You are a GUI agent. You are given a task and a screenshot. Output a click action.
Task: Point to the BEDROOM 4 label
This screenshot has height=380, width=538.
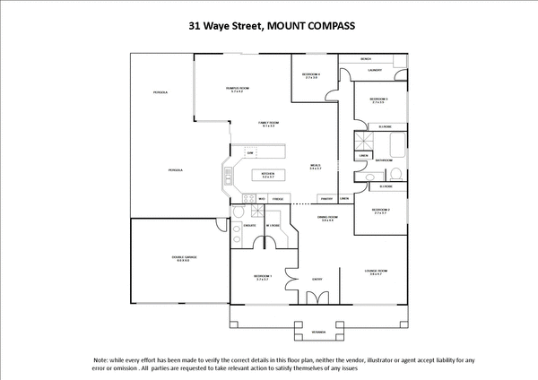[x=311, y=75]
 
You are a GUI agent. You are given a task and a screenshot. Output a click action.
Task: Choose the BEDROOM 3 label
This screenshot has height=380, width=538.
[x=378, y=99]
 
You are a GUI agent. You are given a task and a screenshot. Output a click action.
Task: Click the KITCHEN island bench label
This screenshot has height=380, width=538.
[x=268, y=175]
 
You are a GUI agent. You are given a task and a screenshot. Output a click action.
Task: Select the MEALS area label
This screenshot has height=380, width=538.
[x=316, y=167]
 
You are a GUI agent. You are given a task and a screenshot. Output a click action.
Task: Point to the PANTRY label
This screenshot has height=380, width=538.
[x=327, y=198]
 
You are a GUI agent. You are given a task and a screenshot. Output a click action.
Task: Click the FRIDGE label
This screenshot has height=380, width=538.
[x=278, y=198]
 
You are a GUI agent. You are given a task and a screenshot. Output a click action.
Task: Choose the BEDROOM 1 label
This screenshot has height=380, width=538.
[x=263, y=277]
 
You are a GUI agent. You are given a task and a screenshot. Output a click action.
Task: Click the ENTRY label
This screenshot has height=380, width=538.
[x=317, y=279]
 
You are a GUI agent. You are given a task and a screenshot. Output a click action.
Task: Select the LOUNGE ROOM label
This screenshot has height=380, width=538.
[x=376, y=272]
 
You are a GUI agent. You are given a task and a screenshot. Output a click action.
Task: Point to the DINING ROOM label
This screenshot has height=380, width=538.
[x=327, y=218]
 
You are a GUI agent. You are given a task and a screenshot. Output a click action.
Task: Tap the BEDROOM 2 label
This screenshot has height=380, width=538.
[x=380, y=212]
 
